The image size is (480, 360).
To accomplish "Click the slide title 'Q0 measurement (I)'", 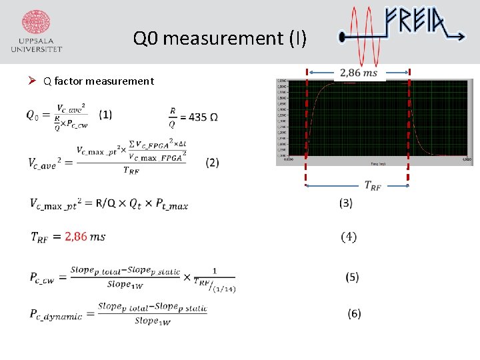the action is [x=220, y=39].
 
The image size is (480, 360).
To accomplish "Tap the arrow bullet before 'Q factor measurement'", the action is [x=32, y=81].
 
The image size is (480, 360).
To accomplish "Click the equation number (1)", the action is [x=105, y=115].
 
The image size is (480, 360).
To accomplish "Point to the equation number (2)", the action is [x=213, y=163].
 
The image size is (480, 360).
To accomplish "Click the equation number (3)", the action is [x=346, y=203].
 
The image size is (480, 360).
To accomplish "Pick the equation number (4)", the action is [x=348, y=237].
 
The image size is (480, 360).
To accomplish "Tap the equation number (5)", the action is [x=353, y=277].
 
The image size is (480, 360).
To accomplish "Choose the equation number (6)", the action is [x=354, y=313].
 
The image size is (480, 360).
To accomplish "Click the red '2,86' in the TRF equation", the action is [x=75, y=237].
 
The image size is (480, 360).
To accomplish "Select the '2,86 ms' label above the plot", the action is [x=358, y=73].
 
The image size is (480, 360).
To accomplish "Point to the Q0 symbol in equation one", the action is [x=33, y=115].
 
